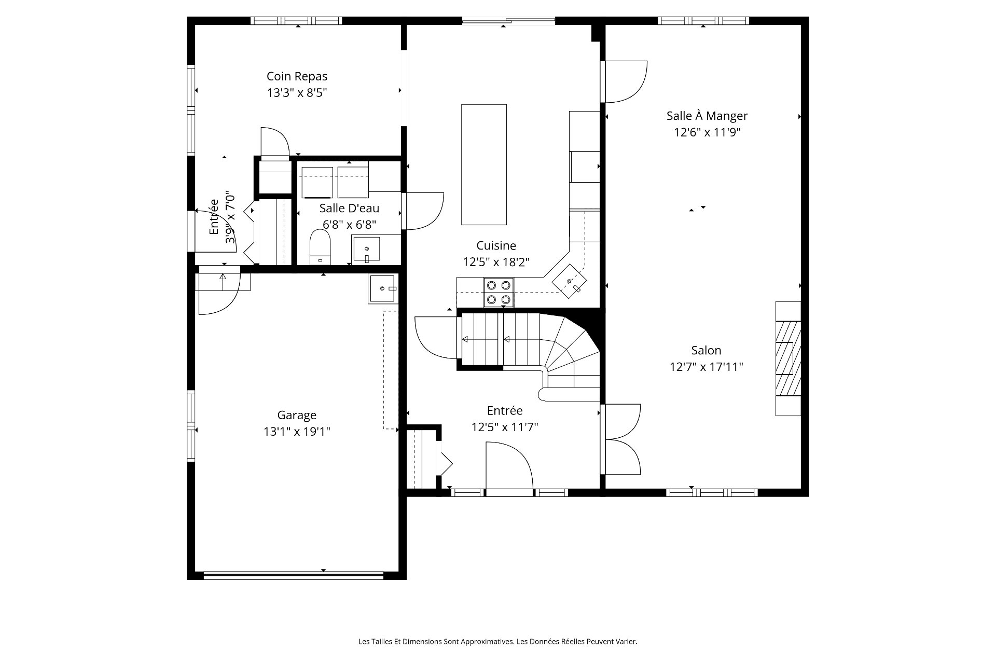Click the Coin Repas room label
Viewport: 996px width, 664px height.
(297, 76)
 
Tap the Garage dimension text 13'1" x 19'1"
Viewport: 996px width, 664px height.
(297, 432)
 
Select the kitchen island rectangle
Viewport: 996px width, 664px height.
(484, 164)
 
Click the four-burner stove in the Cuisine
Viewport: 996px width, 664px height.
(499, 293)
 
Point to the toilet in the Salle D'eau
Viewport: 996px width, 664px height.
(320, 247)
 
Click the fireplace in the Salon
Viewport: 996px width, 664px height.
(788, 358)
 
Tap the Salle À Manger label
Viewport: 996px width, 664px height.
(707, 116)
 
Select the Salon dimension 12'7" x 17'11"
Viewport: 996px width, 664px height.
(707, 367)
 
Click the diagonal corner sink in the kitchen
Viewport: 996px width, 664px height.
(570, 281)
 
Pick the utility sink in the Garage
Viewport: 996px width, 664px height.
(383, 289)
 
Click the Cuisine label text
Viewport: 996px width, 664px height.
(496, 245)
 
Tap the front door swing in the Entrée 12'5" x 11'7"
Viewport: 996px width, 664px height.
(509, 465)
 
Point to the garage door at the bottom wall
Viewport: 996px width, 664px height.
(294, 575)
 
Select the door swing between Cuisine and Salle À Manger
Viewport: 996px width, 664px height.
(624, 82)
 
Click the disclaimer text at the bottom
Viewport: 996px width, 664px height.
(498, 642)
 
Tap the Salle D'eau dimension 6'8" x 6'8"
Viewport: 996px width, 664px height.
(349, 225)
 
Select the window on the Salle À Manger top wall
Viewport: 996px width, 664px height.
(703, 21)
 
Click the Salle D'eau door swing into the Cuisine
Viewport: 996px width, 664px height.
(424, 211)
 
